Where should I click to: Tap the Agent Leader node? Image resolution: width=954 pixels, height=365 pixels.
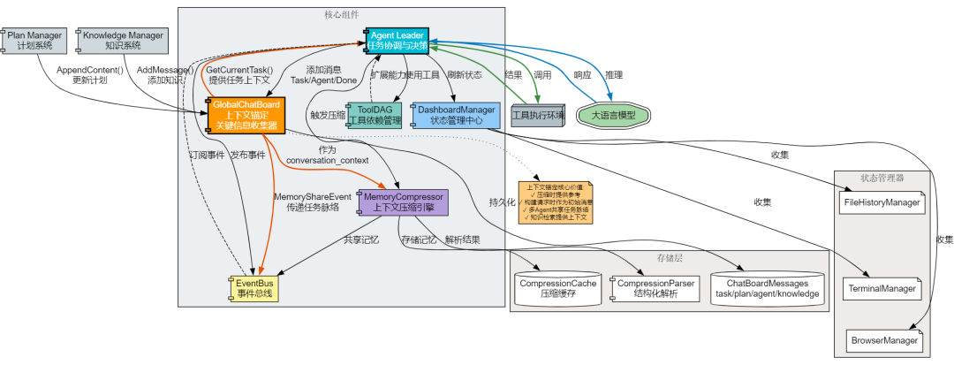click(x=397, y=40)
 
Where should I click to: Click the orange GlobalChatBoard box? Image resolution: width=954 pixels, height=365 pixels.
click(x=246, y=115)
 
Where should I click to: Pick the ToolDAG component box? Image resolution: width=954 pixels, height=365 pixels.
click(x=374, y=115)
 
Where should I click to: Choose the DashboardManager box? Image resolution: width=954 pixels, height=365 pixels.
click(x=456, y=115)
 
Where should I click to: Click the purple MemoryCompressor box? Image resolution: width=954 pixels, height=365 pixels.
click(x=403, y=202)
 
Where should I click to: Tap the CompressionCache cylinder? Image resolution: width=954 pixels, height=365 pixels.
click(x=557, y=288)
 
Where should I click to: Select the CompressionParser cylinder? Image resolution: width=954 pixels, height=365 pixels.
click(x=655, y=288)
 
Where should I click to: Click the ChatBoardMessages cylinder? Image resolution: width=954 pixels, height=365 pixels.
click(x=767, y=288)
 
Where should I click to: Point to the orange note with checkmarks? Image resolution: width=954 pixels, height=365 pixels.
click(x=556, y=204)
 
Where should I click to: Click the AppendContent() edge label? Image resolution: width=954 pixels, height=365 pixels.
click(x=90, y=74)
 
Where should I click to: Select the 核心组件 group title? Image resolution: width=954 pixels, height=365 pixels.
click(x=341, y=15)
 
